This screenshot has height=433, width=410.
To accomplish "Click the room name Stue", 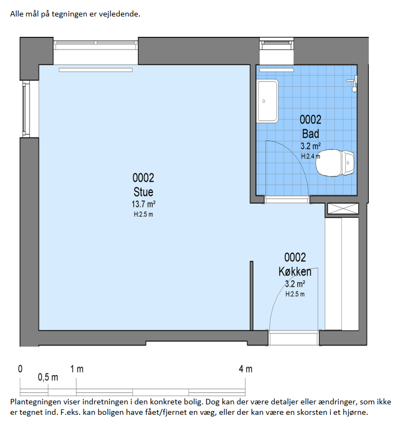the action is (143, 191).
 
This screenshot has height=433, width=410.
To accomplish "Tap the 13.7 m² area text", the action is (143, 204).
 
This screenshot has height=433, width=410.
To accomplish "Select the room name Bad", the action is (311, 134).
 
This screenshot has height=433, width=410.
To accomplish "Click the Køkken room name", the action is (295, 271).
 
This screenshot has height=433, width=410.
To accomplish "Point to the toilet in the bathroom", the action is (335, 163).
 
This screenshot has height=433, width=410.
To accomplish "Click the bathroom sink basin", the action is (268, 101).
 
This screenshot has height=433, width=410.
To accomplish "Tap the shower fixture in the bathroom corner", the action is (353, 84).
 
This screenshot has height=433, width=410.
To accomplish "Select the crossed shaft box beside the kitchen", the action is (343, 209).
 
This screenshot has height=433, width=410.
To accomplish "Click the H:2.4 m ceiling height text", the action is (311, 156).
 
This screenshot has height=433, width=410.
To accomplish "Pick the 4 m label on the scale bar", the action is (246, 369).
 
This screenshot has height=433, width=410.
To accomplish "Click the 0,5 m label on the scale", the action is (48, 377).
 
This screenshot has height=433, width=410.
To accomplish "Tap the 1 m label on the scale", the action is (77, 369).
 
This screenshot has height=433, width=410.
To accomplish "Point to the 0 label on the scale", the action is (20, 369).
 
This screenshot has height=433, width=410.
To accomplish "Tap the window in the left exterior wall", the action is (26, 109).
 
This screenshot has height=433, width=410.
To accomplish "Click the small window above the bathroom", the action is (276, 44).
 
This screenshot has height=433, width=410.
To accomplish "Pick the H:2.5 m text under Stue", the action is (143, 214).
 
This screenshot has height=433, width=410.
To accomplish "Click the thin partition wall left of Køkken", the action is (252, 295).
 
